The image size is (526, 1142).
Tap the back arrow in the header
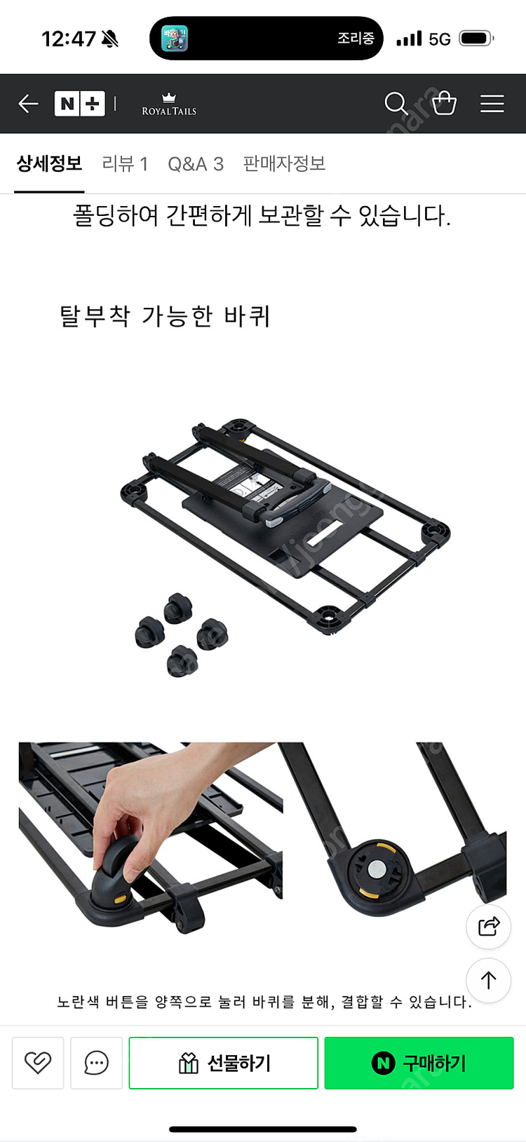28,104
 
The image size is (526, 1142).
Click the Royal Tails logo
169,104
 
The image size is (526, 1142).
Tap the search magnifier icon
396,104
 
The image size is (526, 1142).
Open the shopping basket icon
444,104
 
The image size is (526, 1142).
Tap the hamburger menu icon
492,104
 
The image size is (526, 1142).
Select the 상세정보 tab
49,164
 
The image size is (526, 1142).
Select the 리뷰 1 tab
125,164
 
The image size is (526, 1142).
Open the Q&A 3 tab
196,164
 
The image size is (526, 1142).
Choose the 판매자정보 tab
284,164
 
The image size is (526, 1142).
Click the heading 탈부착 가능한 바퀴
165,316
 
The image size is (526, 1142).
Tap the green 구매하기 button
419,1063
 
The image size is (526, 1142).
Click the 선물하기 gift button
223,1063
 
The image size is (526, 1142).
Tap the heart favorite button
38,1063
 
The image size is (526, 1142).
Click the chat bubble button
96,1063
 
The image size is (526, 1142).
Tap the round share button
488,927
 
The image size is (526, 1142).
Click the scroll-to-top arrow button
488,980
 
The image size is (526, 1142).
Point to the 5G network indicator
440,39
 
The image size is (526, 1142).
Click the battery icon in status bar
476,39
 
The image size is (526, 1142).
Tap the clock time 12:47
68,39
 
